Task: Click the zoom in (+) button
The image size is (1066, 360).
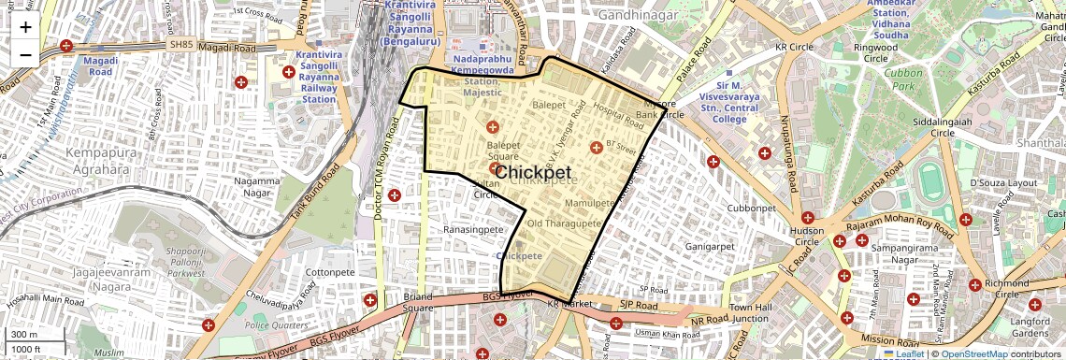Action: coord(25,26)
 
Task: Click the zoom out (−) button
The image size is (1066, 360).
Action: coord(25,54)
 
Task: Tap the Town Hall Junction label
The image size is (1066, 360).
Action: coord(749,313)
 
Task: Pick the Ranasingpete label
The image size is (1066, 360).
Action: coord(473,229)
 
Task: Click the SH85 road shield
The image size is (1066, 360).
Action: coord(180,44)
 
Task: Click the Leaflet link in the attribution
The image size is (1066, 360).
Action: coord(902,354)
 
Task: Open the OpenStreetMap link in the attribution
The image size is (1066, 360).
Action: coord(973,354)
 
